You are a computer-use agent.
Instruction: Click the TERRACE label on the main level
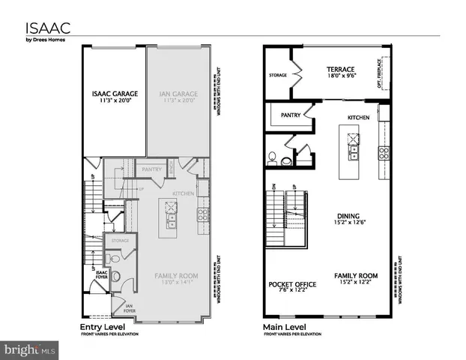click(339, 69)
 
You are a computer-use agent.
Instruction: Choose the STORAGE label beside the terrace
click(278, 75)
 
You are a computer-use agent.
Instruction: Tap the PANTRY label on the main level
click(291, 115)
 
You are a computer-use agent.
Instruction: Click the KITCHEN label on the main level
click(358, 118)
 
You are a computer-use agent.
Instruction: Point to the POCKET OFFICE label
click(292, 285)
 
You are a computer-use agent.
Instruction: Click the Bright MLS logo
click(30, 349)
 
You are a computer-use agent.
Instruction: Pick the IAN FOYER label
click(130, 307)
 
